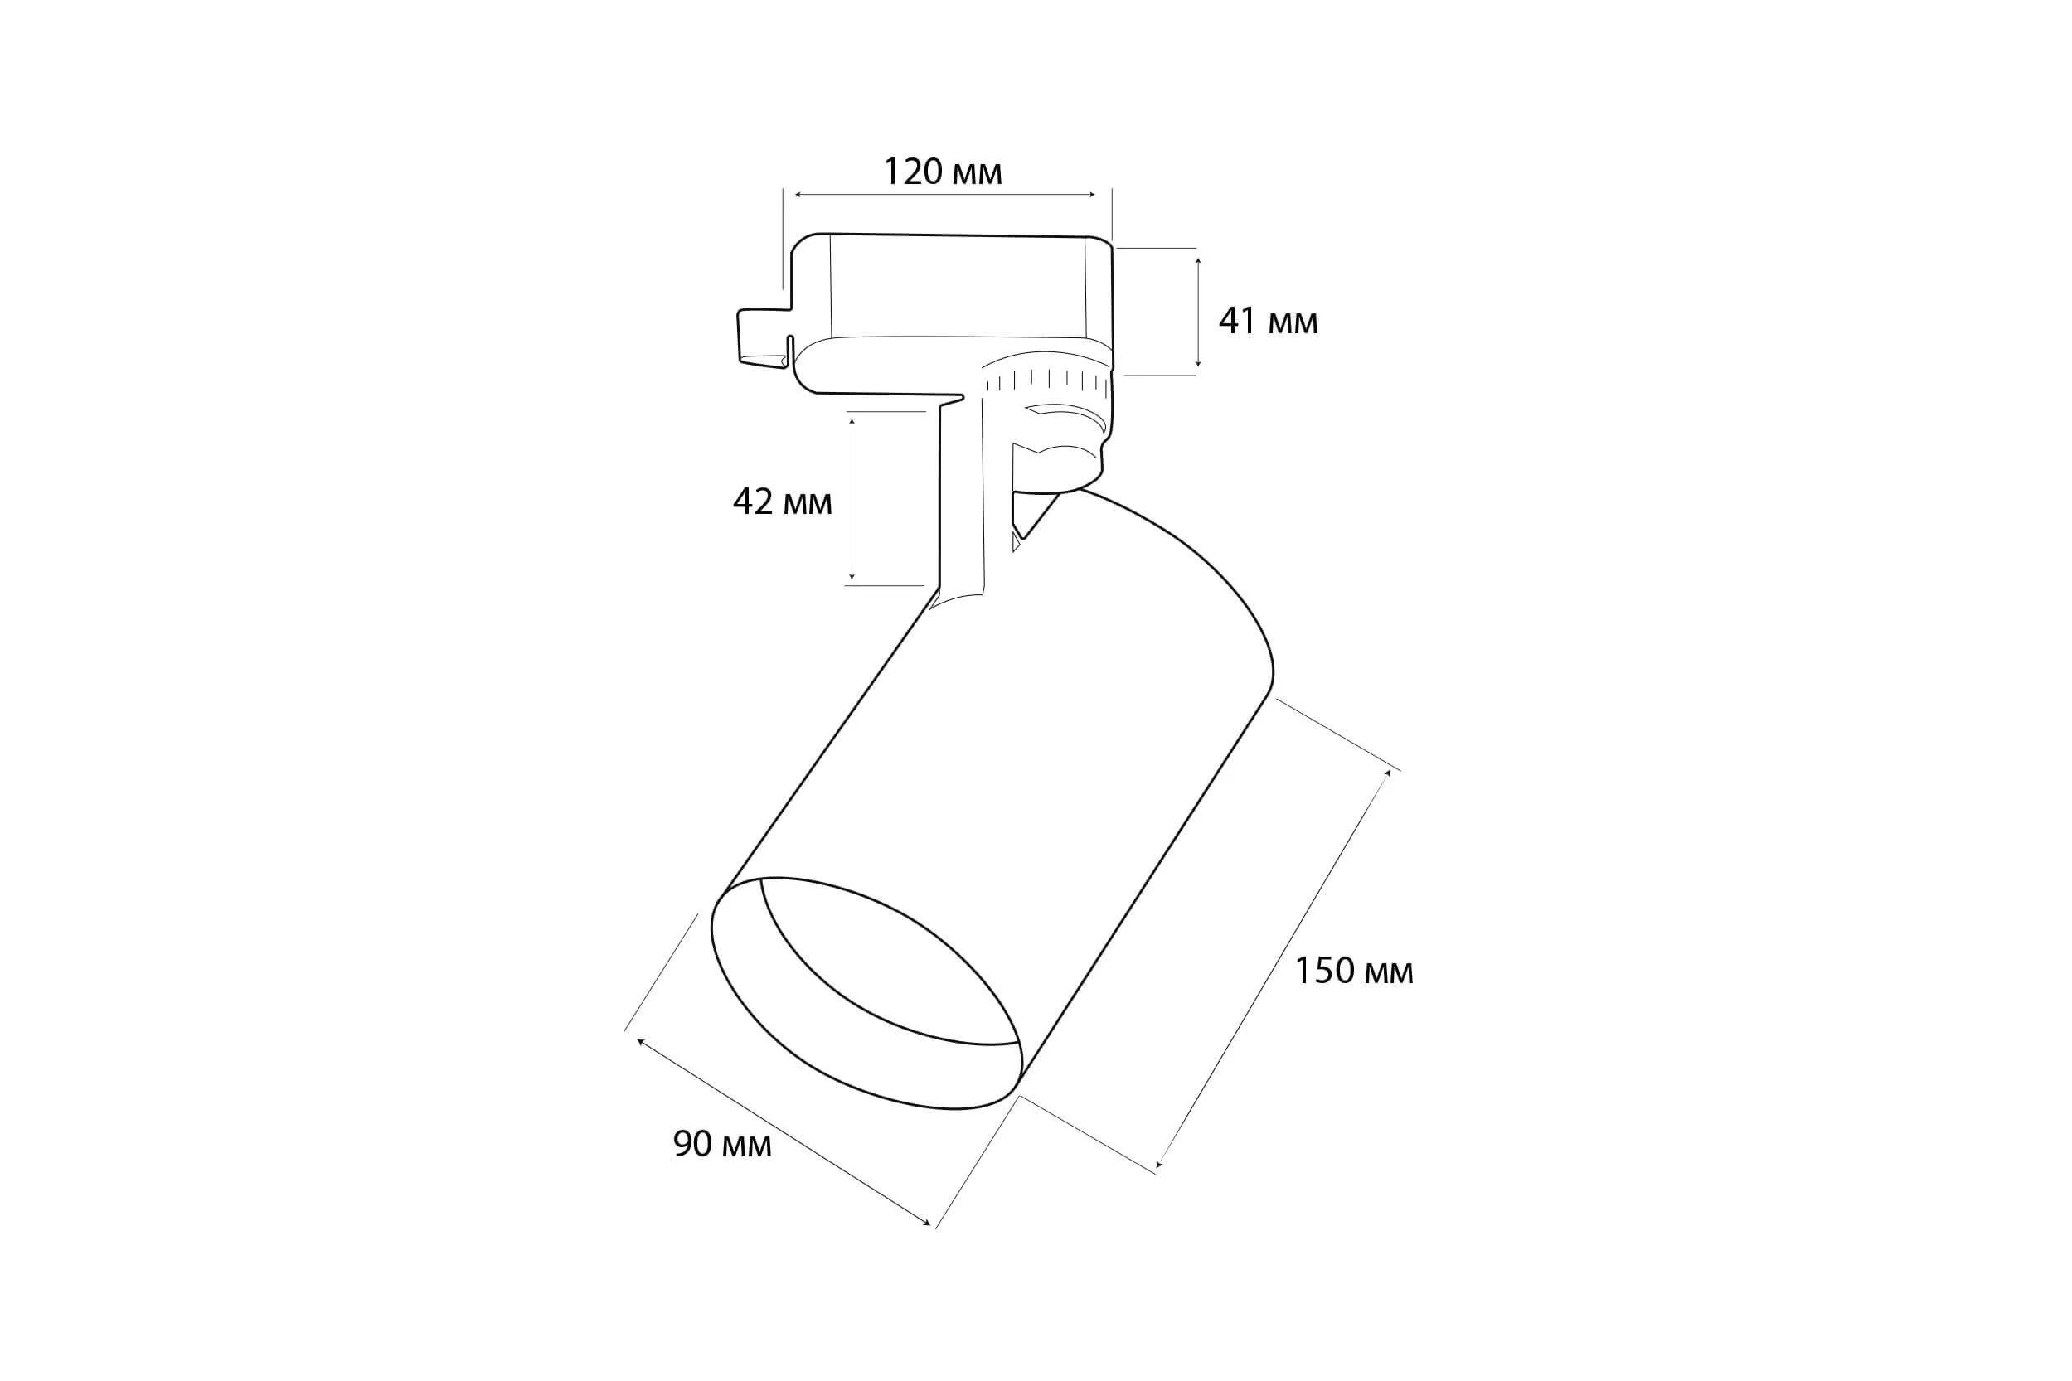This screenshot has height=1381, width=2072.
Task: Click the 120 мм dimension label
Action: tap(943, 172)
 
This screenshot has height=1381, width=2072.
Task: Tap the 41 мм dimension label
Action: tap(1268, 322)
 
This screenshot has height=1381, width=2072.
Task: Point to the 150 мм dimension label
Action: tap(1353, 971)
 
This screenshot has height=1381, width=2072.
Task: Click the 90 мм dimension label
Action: tap(722, 1144)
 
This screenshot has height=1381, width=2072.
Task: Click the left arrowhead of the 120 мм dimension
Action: tap(798, 195)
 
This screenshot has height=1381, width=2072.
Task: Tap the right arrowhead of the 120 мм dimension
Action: tap(1093, 195)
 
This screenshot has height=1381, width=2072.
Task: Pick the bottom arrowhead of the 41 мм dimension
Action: tap(1198, 363)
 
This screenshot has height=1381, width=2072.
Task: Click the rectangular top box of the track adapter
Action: tap(956, 286)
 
